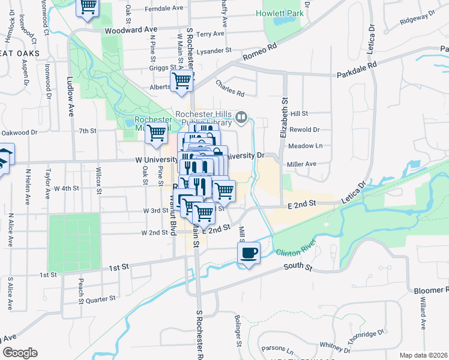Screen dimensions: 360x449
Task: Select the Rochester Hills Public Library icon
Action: (241, 116)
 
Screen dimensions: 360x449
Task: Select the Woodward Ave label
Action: (130, 29)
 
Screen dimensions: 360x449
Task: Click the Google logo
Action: (20, 353)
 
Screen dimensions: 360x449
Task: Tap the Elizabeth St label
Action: (283, 118)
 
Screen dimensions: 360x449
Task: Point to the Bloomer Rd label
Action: (431, 290)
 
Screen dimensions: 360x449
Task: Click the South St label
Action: (298, 266)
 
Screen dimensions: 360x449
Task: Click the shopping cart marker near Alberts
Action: (182, 80)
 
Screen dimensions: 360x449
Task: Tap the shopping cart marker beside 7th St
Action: (157, 133)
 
